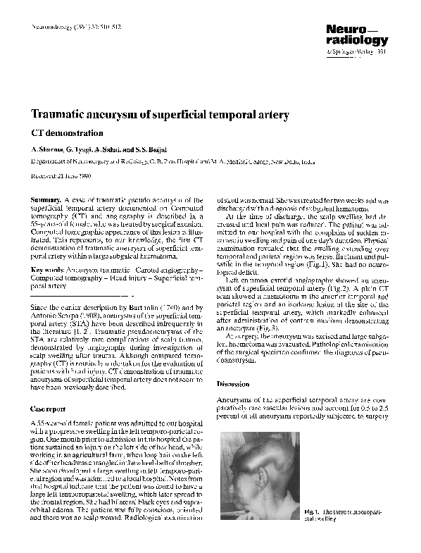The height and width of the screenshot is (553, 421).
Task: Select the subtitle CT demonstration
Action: click(68, 132)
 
